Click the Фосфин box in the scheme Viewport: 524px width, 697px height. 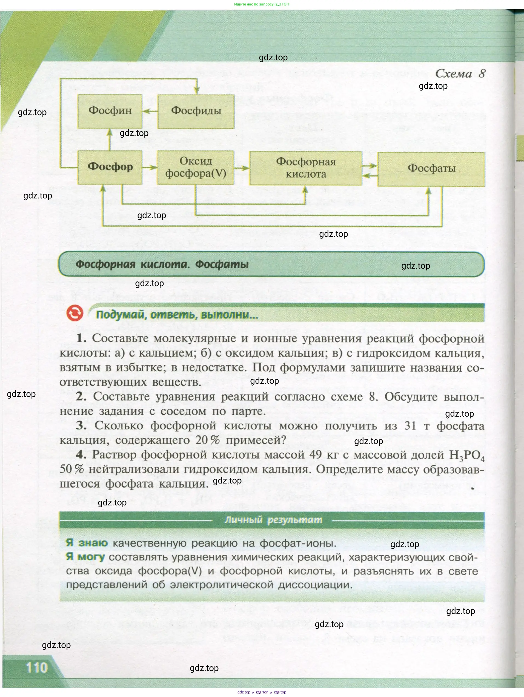[110, 111]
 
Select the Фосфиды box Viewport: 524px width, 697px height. [196, 111]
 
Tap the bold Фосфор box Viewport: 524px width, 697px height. [110, 167]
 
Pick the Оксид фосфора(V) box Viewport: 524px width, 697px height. [196, 167]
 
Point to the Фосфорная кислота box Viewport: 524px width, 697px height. [305, 168]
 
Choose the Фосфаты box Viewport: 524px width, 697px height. [431, 169]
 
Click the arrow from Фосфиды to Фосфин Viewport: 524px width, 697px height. [150, 111]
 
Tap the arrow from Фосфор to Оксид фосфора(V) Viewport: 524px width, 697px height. [150, 167]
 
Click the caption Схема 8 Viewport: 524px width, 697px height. [460, 74]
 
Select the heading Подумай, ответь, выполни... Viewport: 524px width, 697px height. [177, 315]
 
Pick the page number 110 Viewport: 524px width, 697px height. [37, 667]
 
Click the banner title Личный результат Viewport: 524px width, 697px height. [273, 520]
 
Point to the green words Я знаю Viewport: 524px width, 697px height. [87, 543]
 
